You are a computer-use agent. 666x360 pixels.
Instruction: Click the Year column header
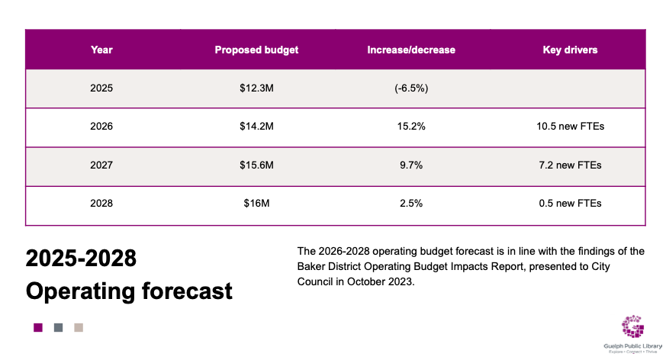pos(101,50)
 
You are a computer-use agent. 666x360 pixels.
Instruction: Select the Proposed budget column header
pos(256,50)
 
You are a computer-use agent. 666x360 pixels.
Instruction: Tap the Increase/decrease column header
pos(411,50)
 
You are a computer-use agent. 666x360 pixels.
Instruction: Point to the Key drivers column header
pos(570,50)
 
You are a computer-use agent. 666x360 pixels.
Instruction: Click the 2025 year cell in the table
pos(101,88)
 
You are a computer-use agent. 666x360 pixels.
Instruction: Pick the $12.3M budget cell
pos(256,88)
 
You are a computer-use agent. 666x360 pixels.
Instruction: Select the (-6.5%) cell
pos(411,88)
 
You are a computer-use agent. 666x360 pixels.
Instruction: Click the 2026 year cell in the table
pos(101,127)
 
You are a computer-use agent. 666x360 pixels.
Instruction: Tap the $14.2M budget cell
pos(256,127)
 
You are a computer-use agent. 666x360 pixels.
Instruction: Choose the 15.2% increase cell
pos(411,127)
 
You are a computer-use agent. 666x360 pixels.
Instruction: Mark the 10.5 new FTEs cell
pos(570,127)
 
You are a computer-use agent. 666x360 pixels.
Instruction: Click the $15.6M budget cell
pos(256,165)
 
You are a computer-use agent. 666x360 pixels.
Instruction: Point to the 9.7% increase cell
pos(411,165)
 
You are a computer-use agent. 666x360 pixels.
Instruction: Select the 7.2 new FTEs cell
pos(570,165)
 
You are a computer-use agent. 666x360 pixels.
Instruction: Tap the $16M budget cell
pos(256,203)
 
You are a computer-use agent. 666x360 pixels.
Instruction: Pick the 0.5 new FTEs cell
pos(570,203)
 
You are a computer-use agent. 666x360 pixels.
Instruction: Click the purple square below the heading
pos(38,328)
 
